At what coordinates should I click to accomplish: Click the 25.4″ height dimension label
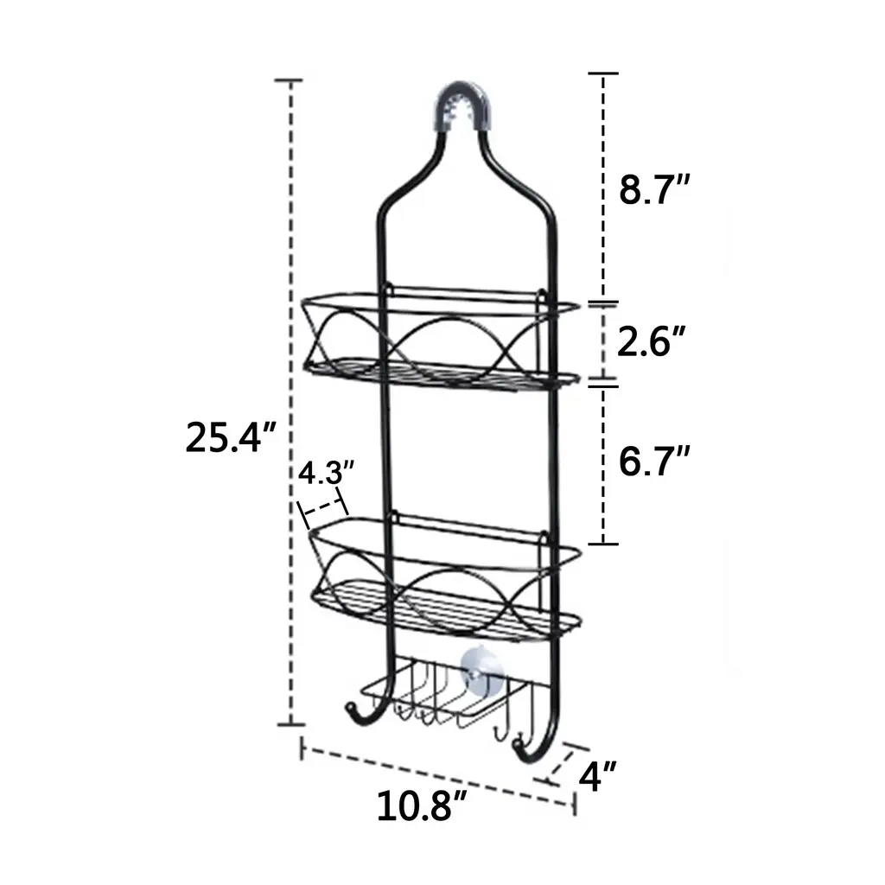231,437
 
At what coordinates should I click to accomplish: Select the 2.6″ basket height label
652,341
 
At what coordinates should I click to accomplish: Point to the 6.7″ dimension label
655,462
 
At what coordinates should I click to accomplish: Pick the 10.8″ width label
422,805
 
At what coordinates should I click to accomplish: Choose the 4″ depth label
597,777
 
